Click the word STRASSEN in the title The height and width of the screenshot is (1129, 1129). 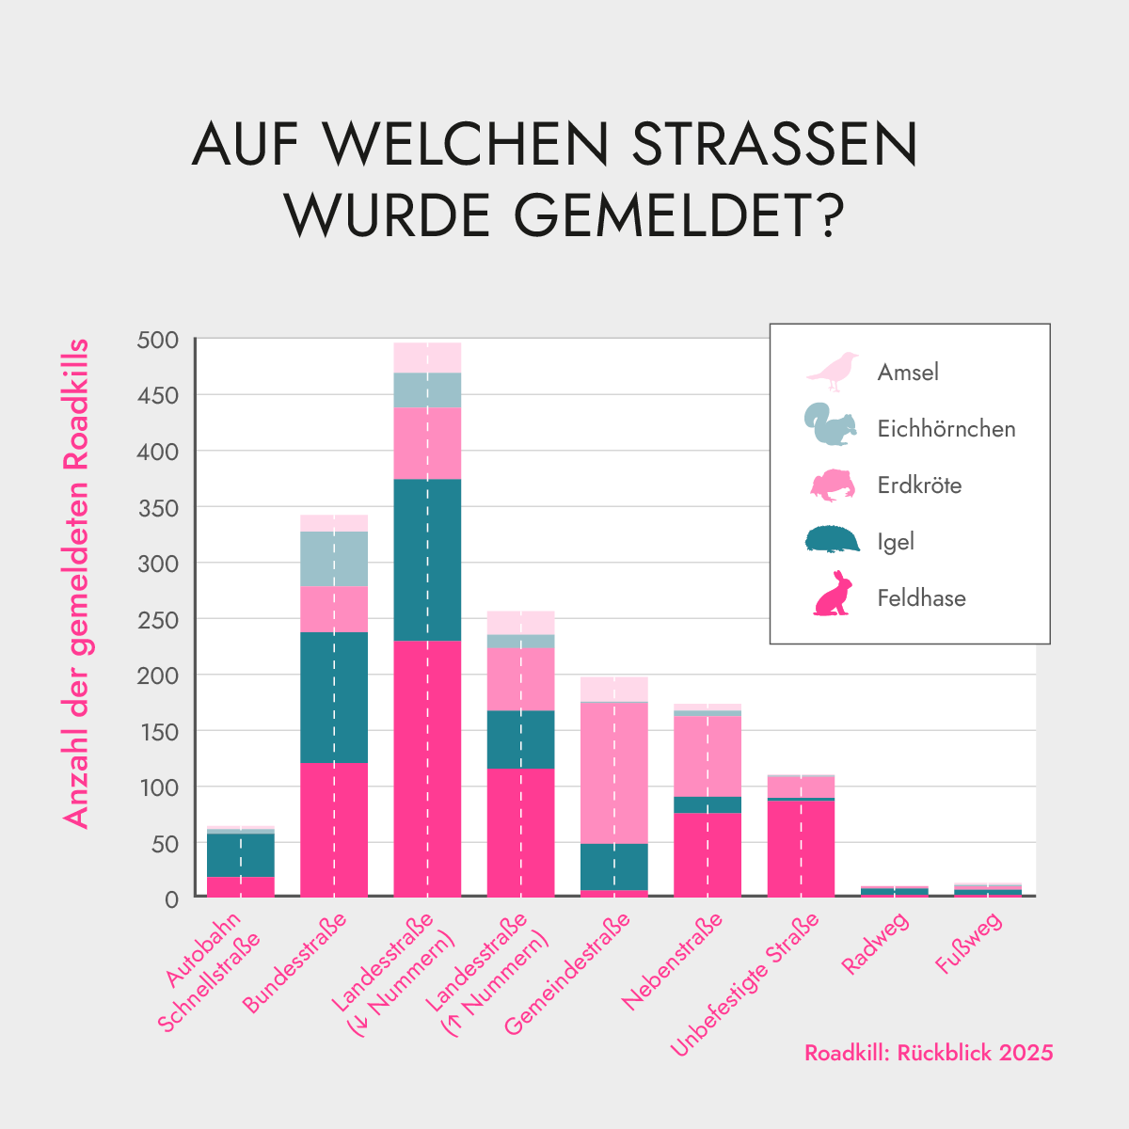point(773,144)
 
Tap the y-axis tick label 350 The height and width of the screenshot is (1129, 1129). point(157,508)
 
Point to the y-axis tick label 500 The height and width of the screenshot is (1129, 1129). point(157,341)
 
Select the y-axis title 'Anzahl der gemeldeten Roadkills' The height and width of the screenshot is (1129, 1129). point(76,583)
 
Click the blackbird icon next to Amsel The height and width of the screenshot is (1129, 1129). point(834,372)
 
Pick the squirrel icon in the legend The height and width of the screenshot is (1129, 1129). point(831,425)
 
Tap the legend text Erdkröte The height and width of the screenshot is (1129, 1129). point(919,485)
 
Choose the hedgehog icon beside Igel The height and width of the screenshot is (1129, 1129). point(833,539)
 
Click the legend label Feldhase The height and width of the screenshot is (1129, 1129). point(921,598)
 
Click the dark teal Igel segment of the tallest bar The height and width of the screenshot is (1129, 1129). point(427,560)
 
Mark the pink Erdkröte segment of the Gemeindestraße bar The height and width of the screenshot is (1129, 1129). point(614,772)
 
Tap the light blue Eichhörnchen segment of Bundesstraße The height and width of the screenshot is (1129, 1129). point(334,559)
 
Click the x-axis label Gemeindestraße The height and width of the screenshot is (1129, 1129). point(568,975)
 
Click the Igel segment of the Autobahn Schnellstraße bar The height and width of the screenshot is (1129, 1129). point(241,854)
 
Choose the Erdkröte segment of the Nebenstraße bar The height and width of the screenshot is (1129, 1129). point(708,756)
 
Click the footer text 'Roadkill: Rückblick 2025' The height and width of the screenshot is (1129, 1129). point(929,1053)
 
